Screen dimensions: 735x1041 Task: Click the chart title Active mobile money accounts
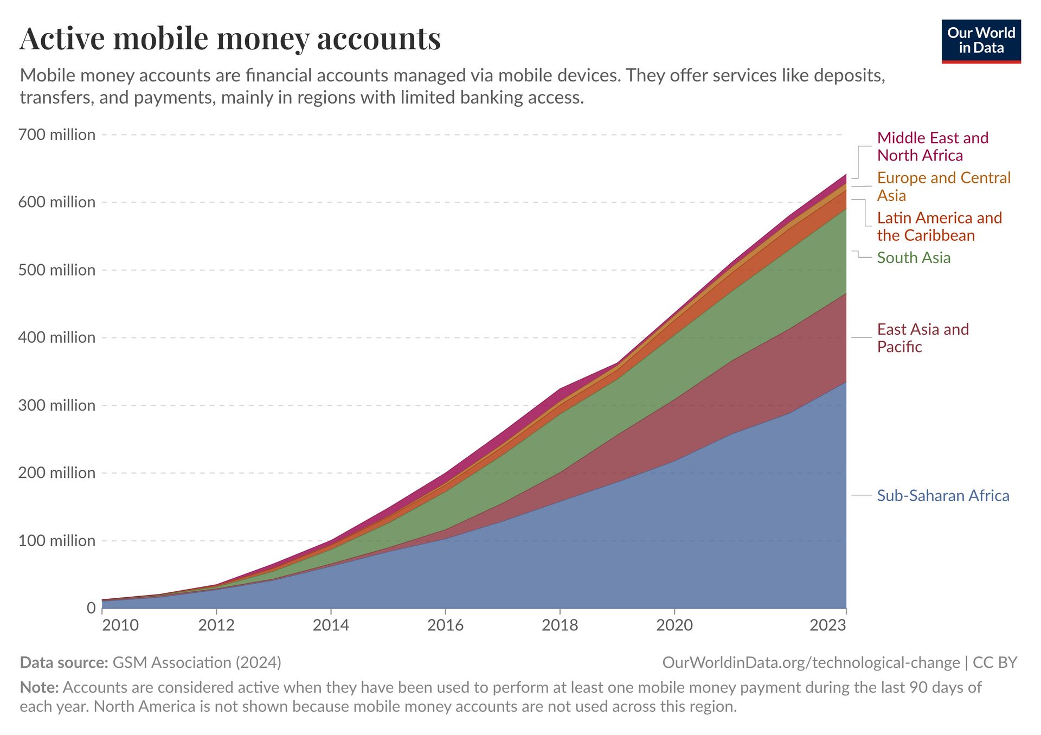[230, 39]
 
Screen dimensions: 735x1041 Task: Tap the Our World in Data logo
[981, 41]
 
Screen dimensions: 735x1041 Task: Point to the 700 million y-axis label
[57, 135]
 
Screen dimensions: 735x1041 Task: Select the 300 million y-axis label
[57, 405]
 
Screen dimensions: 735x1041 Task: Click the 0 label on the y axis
[91, 608]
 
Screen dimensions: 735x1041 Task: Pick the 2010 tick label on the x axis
[120, 625]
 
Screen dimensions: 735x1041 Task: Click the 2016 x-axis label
[445, 625]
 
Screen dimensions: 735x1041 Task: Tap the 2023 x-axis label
[827, 625]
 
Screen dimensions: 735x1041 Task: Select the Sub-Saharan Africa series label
[943, 496]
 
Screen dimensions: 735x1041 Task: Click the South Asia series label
[914, 258]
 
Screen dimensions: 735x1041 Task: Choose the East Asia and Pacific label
[922, 338]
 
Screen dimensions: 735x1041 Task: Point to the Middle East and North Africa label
[932, 146]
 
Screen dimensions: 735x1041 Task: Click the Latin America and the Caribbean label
[939, 226]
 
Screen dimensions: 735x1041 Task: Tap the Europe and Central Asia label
[943, 186]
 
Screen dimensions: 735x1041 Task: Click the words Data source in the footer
[64, 662]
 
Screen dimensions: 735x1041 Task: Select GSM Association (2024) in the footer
[197, 662]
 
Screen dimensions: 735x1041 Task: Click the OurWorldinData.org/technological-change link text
[811, 662]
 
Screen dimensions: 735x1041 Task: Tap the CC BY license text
[995, 662]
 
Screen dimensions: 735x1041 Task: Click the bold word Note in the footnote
[39, 687]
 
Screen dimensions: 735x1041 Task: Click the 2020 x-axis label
[674, 625]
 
